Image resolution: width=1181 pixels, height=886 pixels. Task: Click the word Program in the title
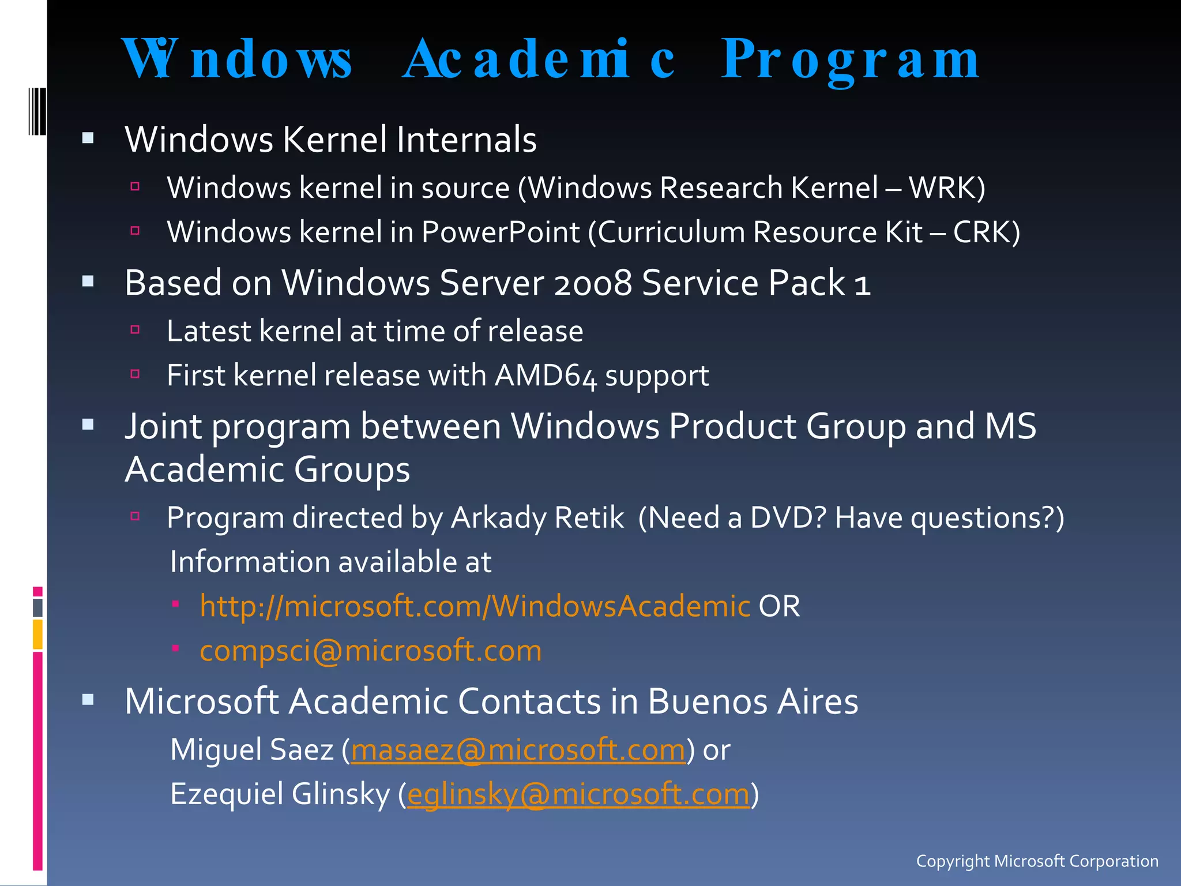coord(850,60)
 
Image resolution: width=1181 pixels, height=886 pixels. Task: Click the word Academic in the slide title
coord(539,60)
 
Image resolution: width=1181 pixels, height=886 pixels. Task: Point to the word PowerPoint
coord(500,232)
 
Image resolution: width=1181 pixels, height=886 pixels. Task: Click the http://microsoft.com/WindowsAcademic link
coord(475,606)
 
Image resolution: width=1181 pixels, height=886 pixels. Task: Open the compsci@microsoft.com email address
coord(370,651)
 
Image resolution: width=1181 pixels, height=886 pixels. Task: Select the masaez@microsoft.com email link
coord(518,750)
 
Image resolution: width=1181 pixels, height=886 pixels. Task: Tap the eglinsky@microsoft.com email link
coord(578,794)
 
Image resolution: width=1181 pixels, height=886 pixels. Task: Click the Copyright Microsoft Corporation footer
coord(1037,861)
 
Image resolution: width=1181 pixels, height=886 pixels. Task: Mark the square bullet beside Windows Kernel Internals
coord(88,138)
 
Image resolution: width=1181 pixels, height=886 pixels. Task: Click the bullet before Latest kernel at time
coord(136,330)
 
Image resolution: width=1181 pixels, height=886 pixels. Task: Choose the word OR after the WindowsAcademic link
coord(779,606)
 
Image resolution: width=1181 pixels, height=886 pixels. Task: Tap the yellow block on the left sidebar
coord(37,634)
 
